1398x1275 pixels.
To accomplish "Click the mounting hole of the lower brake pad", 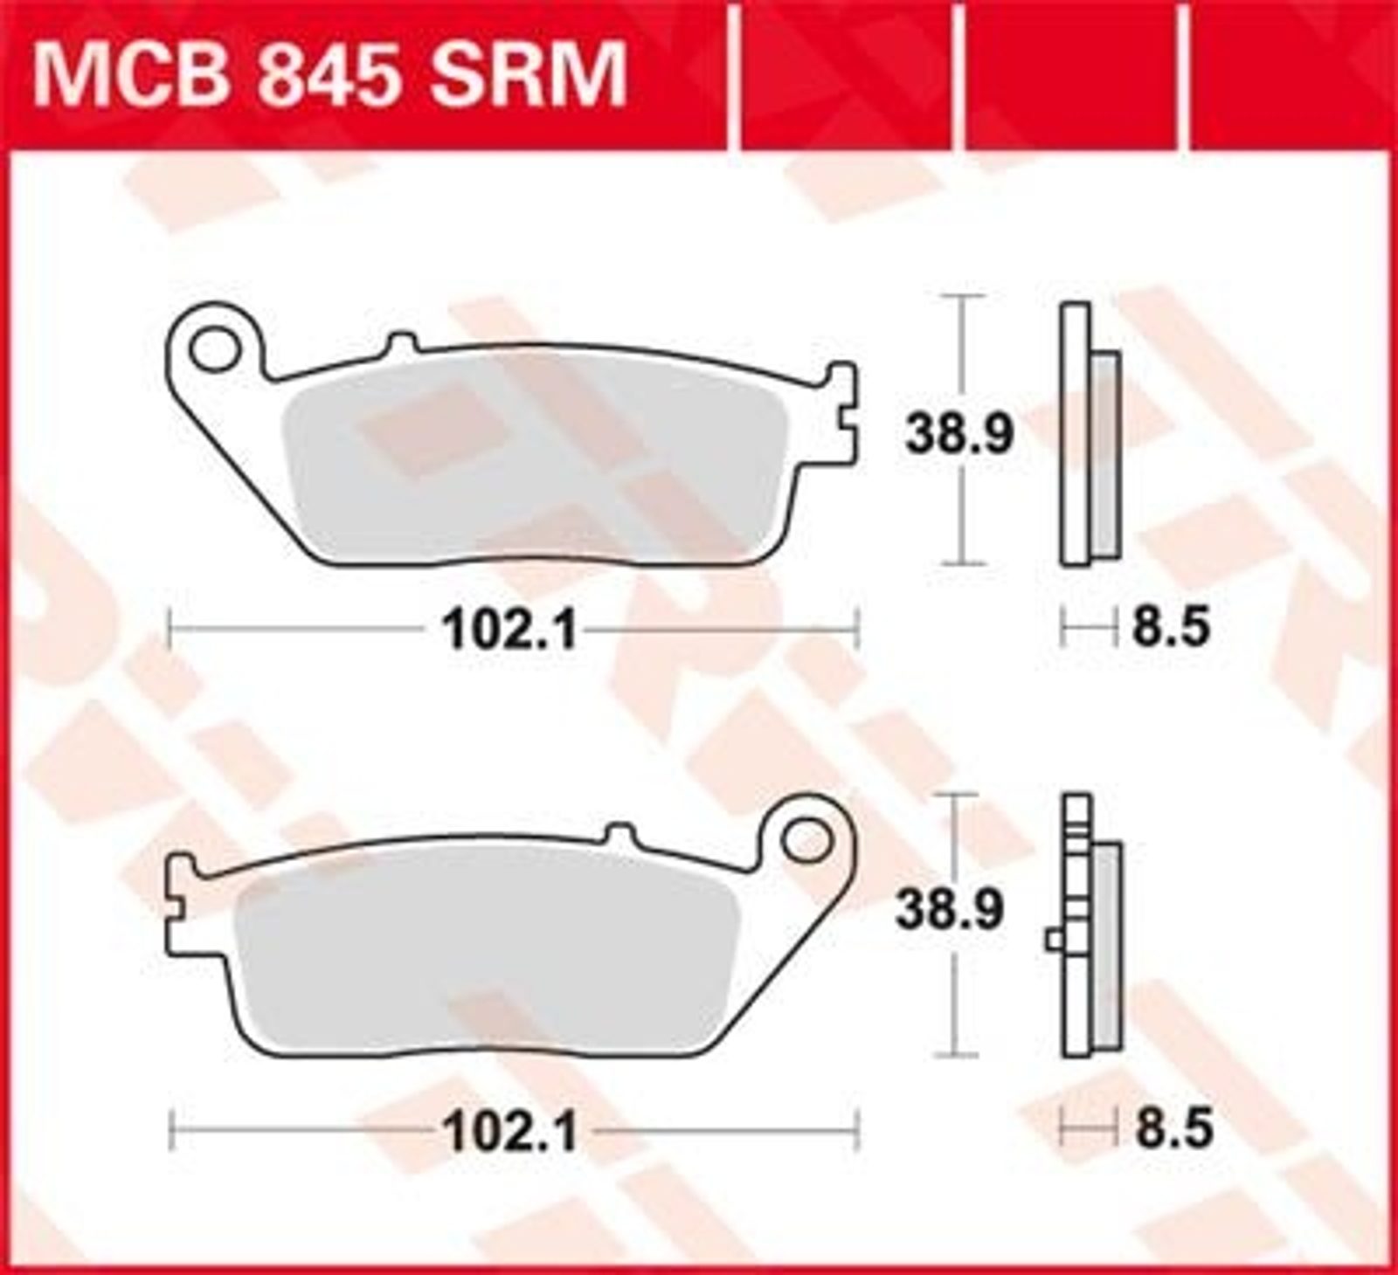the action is coord(806,842).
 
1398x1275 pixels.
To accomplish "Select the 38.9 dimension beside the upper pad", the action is coord(959,433).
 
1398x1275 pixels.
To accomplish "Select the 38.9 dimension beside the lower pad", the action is coord(948,911).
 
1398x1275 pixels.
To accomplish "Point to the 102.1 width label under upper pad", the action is coord(511,629).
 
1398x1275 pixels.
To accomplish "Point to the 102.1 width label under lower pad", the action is coord(511,1134).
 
